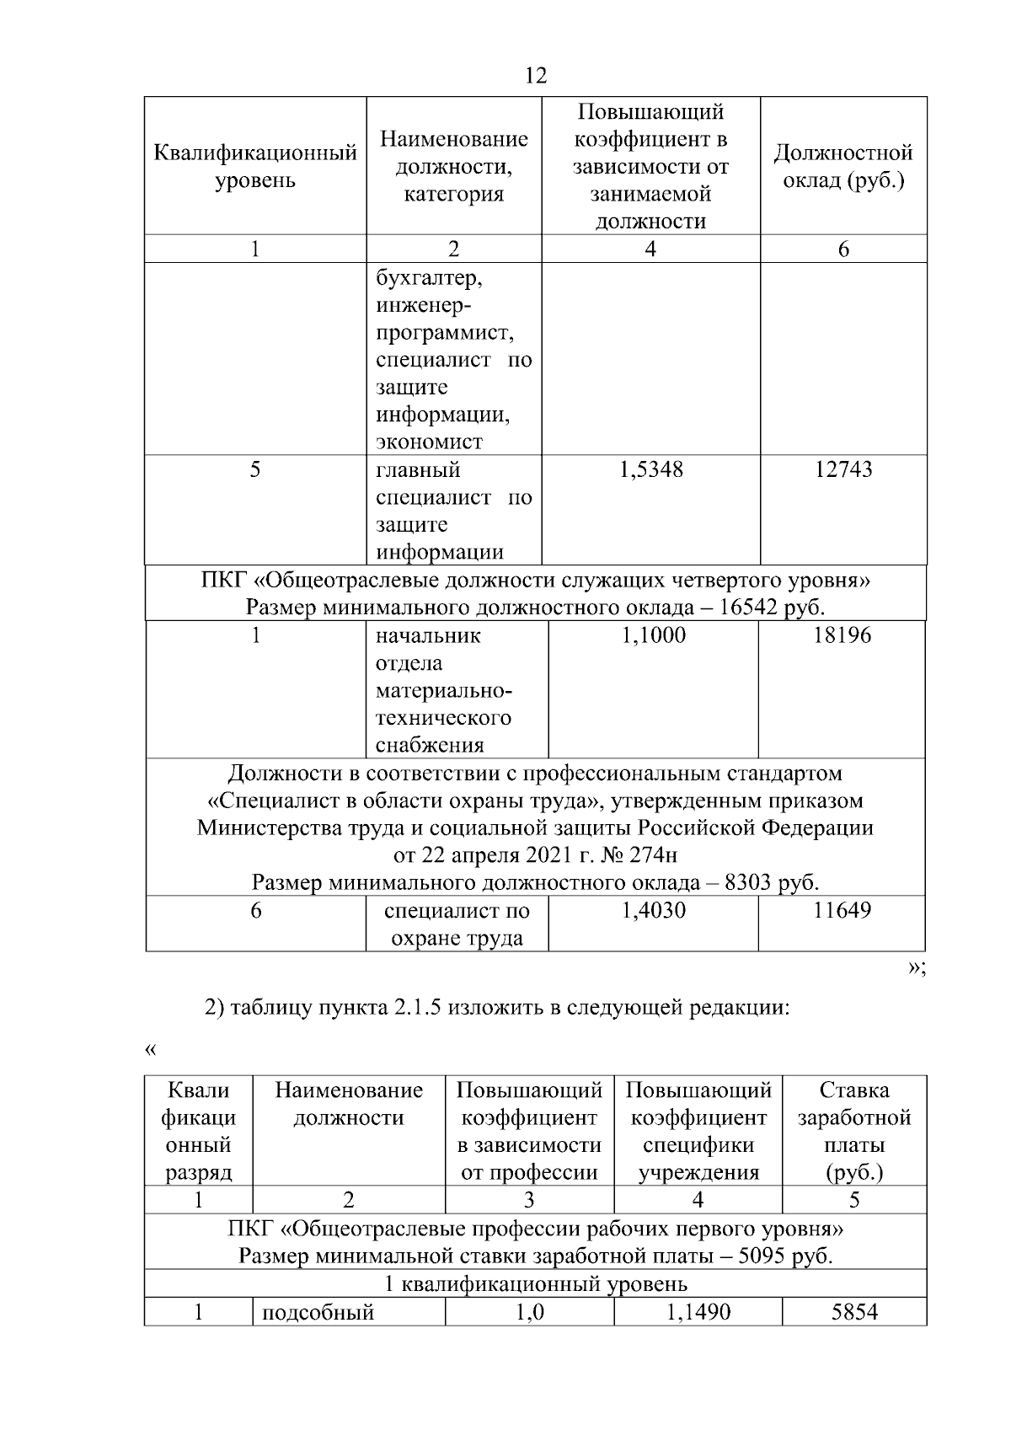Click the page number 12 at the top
point(535,76)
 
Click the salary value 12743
point(843,469)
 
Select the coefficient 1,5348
point(650,469)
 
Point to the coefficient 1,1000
point(653,635)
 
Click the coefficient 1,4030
point(653,910)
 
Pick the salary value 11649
point(842,910)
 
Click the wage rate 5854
point(853,1312)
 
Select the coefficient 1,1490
point(698,1312)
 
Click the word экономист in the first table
point(429,442)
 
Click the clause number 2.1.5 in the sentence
point(418,1008)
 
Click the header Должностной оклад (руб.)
point(843,166)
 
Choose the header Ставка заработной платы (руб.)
point(853,1131)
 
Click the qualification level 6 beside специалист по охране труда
point(256,910)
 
